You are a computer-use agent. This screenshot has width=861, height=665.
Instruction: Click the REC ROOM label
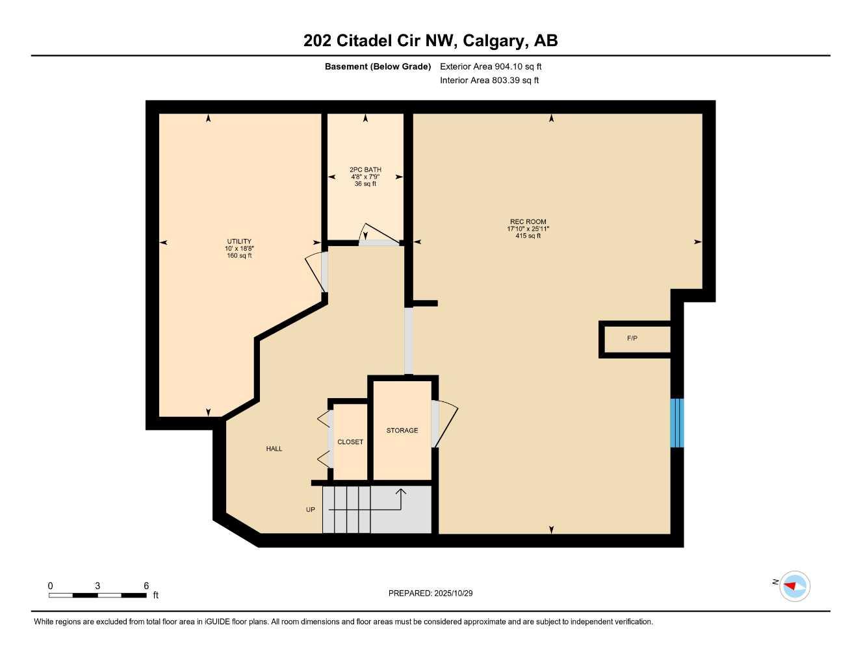pos(528,221)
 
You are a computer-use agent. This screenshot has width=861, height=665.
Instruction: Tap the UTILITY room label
pos(239,242)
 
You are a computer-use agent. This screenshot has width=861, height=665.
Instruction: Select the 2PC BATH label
pos(365,169)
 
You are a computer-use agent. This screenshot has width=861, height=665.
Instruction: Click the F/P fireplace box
pos(634,338)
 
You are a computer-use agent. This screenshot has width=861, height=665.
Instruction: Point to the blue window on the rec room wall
pos(676,423)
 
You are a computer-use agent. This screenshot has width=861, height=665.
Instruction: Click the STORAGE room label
pos(402,431)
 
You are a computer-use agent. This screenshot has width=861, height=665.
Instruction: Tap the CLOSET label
pos(350,442)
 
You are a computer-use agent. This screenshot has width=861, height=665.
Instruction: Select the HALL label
pos(274,449)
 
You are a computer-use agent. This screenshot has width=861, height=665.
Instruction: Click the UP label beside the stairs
pos(311,510)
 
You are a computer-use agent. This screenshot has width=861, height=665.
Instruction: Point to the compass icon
pos(794,586)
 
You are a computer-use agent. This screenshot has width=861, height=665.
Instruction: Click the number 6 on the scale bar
pos(146,586)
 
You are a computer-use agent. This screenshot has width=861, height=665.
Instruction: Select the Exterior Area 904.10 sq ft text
pos(491,66)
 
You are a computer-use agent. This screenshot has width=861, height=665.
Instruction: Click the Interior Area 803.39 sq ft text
pos(489,81)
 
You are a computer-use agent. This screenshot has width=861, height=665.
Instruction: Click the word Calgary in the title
pos(497,41)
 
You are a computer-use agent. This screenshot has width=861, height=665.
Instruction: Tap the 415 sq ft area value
pos(528,236)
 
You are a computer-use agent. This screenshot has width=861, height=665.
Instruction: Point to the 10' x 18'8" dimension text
pos(239,249)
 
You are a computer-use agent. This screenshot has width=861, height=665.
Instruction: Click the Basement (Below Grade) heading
pos(378,66)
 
